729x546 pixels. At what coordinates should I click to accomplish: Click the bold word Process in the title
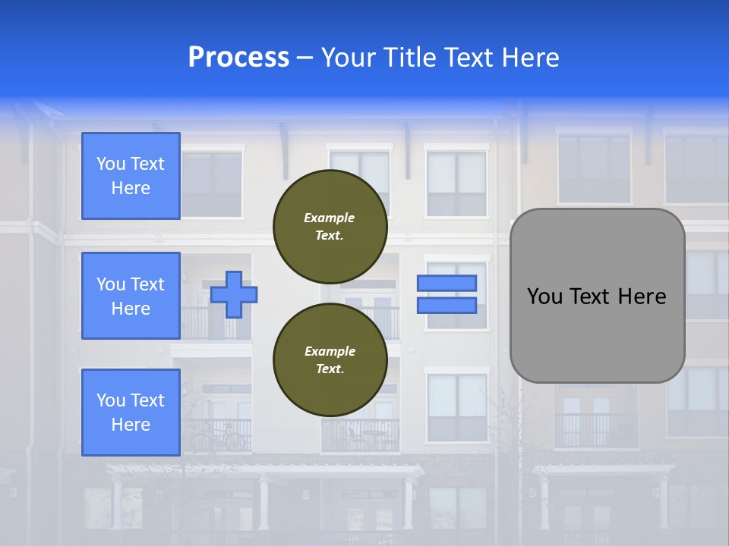click(x=238, y=58)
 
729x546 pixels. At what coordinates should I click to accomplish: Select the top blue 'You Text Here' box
click(x=131, y=176)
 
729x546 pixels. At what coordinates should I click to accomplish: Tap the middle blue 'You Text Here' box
click(x=131, y=296)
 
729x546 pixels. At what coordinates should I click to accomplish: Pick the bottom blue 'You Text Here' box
click(x=131, y=412)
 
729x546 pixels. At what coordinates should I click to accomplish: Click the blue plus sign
click(x=233, y=294)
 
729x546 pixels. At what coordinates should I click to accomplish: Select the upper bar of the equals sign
click(x=447, y=283)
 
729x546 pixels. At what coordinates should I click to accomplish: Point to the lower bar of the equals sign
click(x=447, y=305)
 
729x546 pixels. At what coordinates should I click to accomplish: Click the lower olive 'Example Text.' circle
click(x=330, y=359)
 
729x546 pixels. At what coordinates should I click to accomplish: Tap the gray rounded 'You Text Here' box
click(x=597, y=296)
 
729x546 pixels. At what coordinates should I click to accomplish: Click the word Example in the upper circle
click(x=330, y=218)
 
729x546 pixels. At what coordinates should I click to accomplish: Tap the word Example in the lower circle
click(x=330, y=351)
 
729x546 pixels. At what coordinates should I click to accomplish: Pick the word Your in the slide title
click(x=347, y=58)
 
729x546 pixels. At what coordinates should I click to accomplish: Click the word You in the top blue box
click(x=110, y=164)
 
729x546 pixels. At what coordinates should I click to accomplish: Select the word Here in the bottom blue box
click(x=131, y=425)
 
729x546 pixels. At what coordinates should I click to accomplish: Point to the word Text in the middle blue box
click(x=147, y=284)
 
